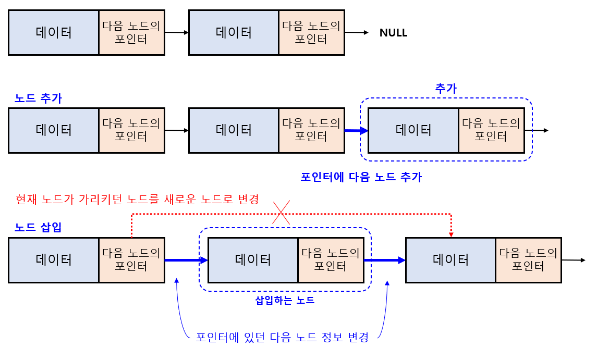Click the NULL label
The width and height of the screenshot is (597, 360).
393,33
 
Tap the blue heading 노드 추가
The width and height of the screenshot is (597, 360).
38,98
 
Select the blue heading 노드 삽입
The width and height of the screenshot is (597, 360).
38,227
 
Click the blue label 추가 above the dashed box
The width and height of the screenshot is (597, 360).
446,89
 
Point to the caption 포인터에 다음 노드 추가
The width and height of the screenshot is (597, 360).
361,177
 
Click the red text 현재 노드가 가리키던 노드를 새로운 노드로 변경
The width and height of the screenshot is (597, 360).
137,199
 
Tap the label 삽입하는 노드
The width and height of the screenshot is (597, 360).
285,300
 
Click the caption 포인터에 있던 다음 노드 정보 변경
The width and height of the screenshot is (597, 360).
282,337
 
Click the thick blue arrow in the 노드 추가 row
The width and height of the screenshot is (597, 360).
356,130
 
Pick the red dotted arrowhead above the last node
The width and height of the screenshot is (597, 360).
451,234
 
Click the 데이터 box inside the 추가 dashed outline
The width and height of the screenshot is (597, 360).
413,130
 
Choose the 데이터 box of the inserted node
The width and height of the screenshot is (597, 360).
253,259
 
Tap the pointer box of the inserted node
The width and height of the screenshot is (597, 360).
331,259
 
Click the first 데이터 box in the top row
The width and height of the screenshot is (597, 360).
54,32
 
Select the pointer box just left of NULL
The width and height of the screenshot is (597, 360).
311,32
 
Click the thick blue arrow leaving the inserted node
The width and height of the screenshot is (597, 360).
385,259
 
